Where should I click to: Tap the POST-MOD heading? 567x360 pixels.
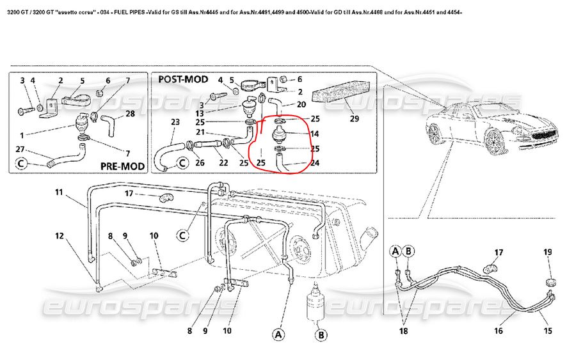coord(183,79)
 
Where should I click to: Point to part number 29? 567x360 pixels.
coord(354,118)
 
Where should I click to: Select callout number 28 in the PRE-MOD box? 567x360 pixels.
coord(130,114)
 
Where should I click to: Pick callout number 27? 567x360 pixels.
coord(22,149)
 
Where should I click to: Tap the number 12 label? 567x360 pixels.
coord(59,235)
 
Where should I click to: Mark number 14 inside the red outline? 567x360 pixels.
coord(314,134)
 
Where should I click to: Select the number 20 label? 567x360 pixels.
coord(301,104)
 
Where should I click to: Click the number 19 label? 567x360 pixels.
coord(547,252)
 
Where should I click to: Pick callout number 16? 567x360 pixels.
coord(498,331)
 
